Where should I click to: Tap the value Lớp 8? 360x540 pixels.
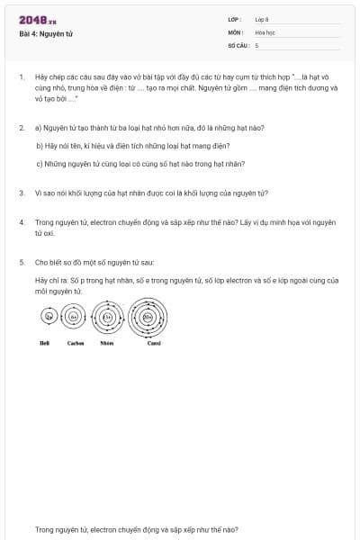click(262, 19)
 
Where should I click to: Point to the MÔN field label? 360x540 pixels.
click(235, 31)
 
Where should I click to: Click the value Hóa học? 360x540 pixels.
click(264, 31)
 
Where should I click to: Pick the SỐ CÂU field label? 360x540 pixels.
click(237, 44)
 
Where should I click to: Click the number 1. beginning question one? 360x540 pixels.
click(22, 77)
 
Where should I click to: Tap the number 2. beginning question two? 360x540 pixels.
click(22, 128)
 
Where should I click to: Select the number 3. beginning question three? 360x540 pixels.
click(22, 192)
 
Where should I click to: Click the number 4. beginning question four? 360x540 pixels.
click(22, 220)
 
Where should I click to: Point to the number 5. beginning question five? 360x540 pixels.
click(22, 262)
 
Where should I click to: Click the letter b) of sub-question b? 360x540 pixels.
click(40, 146)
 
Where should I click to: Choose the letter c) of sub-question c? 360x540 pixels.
click(40, 164)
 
